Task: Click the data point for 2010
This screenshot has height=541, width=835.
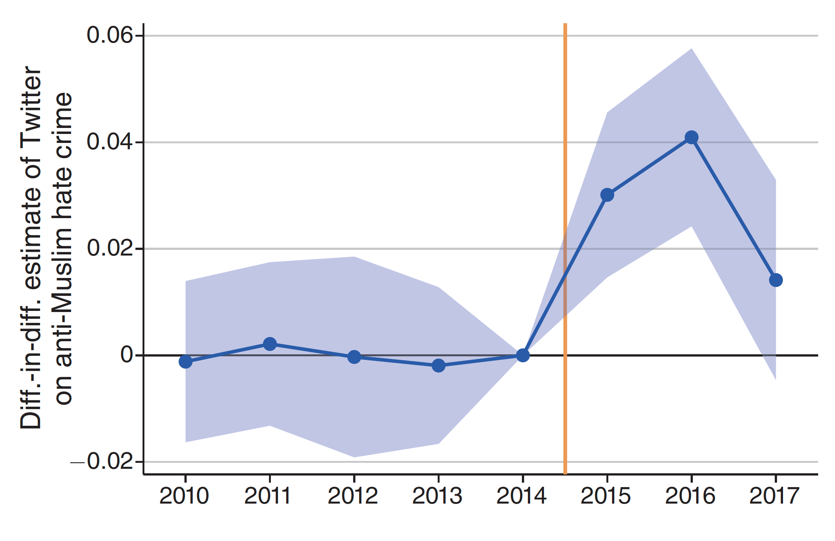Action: pyautogui.click(x=186, y=361)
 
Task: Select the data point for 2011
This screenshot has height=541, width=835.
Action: pyautogui.click(x=270, y=344)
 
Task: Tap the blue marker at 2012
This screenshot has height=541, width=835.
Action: pyautogui.click(x=354, y=357)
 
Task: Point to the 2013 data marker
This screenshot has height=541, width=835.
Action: pyautogui.click(x=438, y=365)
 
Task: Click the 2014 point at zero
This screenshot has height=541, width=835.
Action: pyautogui.click(x=523, y=355)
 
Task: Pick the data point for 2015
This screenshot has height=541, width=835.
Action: pyautogui.click(x=607, y=195)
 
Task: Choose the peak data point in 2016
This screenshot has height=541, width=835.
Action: pyautogui.click(x=691, y=137)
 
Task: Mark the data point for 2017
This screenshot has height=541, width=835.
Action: pyautogui.click(x=776, y=280)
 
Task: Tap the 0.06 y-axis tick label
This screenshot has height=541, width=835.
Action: pyautogui.click(x=110, y=36)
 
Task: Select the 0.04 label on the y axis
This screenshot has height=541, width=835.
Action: pyautogui.click(x=110, y=142)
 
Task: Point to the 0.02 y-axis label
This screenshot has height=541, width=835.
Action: pyautogui.click(x=110, y=248)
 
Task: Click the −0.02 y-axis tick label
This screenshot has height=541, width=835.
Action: pyautogui.click(x=102, y=462)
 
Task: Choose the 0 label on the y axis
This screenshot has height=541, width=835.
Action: pyautogui.click(x=126, y=355)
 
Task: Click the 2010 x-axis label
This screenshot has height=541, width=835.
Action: pyautogui.click(x=184, y=496)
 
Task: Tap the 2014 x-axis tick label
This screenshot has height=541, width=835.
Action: pyautogui.click(x=522, y=496)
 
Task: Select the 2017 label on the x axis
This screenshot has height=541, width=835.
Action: pyautogui.click(x=774, y=496)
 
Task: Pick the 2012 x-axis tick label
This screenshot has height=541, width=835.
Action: pyautogui.click(x=353, y=496)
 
